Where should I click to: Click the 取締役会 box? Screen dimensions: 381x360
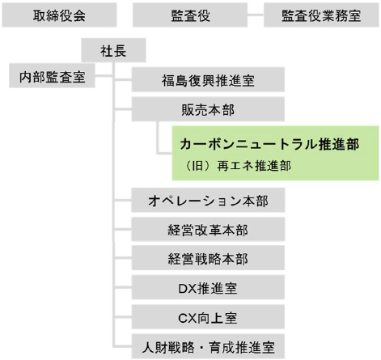coord(59,15)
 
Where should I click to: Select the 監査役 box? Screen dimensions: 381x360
coord(190,15)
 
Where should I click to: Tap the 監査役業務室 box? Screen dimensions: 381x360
coord(321,15)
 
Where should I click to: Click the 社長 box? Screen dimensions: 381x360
coord(113,50)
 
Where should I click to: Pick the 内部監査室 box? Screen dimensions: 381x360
coord(52,76)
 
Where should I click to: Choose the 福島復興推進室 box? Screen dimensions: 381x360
coord(208,80)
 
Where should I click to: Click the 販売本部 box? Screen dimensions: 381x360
coord(208,109)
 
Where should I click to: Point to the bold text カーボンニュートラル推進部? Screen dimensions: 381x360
coord(269,144)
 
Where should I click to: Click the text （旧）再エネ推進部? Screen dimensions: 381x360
coord(237,166)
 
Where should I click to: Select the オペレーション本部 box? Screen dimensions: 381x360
coord(208,201)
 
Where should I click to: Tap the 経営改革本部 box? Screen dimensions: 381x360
coord(208,230)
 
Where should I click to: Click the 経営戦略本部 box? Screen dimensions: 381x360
coord(208,258)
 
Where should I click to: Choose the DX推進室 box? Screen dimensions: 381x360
coord(208,287)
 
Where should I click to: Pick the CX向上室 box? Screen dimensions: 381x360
coord(208,317)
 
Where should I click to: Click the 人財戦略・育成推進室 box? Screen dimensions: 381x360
coord(208,346)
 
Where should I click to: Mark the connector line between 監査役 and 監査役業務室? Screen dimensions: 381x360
coord(256,15)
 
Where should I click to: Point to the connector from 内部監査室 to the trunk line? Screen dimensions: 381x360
coord(104,76)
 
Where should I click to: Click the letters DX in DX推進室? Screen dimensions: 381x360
coord(188,288)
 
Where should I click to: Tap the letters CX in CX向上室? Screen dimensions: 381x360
coord(188,318)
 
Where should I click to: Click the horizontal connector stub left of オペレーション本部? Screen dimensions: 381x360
coord(123,201)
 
